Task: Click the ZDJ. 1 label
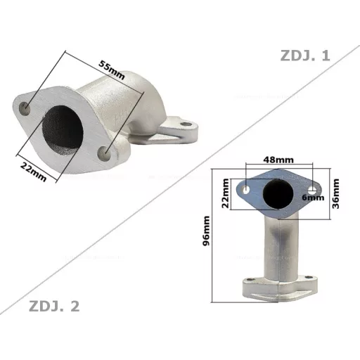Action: tap(305, 56)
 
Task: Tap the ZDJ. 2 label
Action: tap(54, 306)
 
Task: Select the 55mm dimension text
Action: tap(111, 70)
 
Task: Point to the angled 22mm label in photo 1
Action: tap(33, 172)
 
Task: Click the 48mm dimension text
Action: tap(278, 160)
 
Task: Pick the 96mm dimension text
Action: tap(206, 231)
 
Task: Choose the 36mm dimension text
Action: tap(336, 193)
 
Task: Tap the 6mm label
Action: tap(313, 198)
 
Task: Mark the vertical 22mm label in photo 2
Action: tap(226, 193)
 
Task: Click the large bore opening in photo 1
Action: tap(63, 128)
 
